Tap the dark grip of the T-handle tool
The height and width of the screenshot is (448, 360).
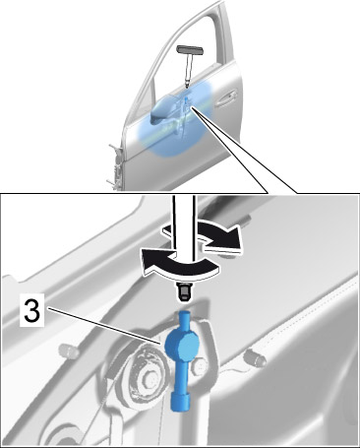pyautogui.click(x=191, y=50)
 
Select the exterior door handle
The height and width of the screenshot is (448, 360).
pyautogui.click(x=225, y=97)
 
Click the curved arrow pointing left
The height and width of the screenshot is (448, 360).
pyautogui.click(x=179, y=264)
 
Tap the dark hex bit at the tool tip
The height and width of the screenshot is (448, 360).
pyautogui.click(x=184, y=291)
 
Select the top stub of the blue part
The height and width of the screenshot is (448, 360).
pyautogui.click(x=185, y=321)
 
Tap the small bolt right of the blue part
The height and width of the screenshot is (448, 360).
pyautogui.click(x=199, y=365)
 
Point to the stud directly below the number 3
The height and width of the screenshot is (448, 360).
pyautogui.click(x=68, y=351)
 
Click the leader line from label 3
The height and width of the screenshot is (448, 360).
pyautogui.click(x=104, y=325)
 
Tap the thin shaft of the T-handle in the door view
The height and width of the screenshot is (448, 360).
pyautogui.click(x=187, y=71)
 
